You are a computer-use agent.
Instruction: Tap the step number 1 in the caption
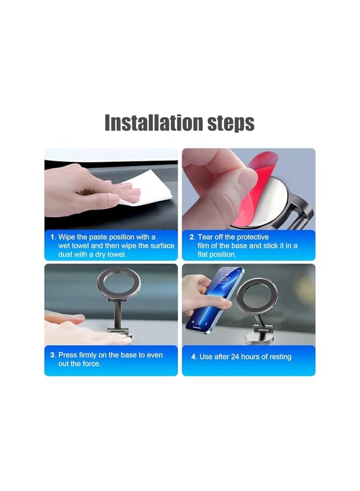tap(53, 237)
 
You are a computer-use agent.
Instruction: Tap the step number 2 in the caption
tap(191, 237)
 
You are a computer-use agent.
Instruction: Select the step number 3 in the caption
tap(53, 355)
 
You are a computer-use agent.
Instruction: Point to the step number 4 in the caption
tap(194, 357)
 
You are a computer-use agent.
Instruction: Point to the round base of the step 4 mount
tap(257, 339)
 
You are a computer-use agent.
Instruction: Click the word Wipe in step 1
tap(68, 237)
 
